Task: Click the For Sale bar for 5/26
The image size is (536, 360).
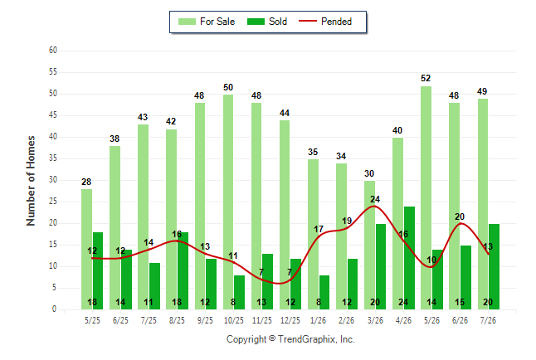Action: tap(426, 198)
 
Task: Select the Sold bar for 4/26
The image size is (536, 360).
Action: tap(409, 258)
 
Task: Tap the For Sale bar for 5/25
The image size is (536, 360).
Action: tap(86, 250)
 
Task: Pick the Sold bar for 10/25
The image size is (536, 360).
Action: tap(239, 293)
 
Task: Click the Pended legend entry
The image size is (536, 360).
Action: tap(325, 22)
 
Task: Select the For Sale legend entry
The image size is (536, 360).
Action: tap(207, 22)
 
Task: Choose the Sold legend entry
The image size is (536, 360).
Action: tap(267, 22)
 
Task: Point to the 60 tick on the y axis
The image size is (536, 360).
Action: tap(52, 51)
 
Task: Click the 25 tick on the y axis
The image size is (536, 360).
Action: tap(52, 202)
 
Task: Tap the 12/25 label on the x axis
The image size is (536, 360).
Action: tap(290, 320)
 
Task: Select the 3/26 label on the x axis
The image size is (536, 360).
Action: tap(375, 320)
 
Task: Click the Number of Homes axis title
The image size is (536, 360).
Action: tap(31, 181)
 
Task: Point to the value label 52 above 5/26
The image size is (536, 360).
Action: tap(426, 78)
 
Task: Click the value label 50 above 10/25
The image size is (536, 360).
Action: tap(228, 87)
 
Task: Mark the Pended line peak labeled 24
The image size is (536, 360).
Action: tap(375, 207)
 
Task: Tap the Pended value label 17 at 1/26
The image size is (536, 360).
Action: tap(319, 229)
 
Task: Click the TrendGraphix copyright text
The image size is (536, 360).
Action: tap(290, 339)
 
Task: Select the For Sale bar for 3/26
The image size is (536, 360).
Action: tap(369, 246)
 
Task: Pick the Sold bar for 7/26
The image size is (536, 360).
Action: tap(494, 267)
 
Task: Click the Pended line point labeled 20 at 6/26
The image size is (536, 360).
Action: tap(460, 223)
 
